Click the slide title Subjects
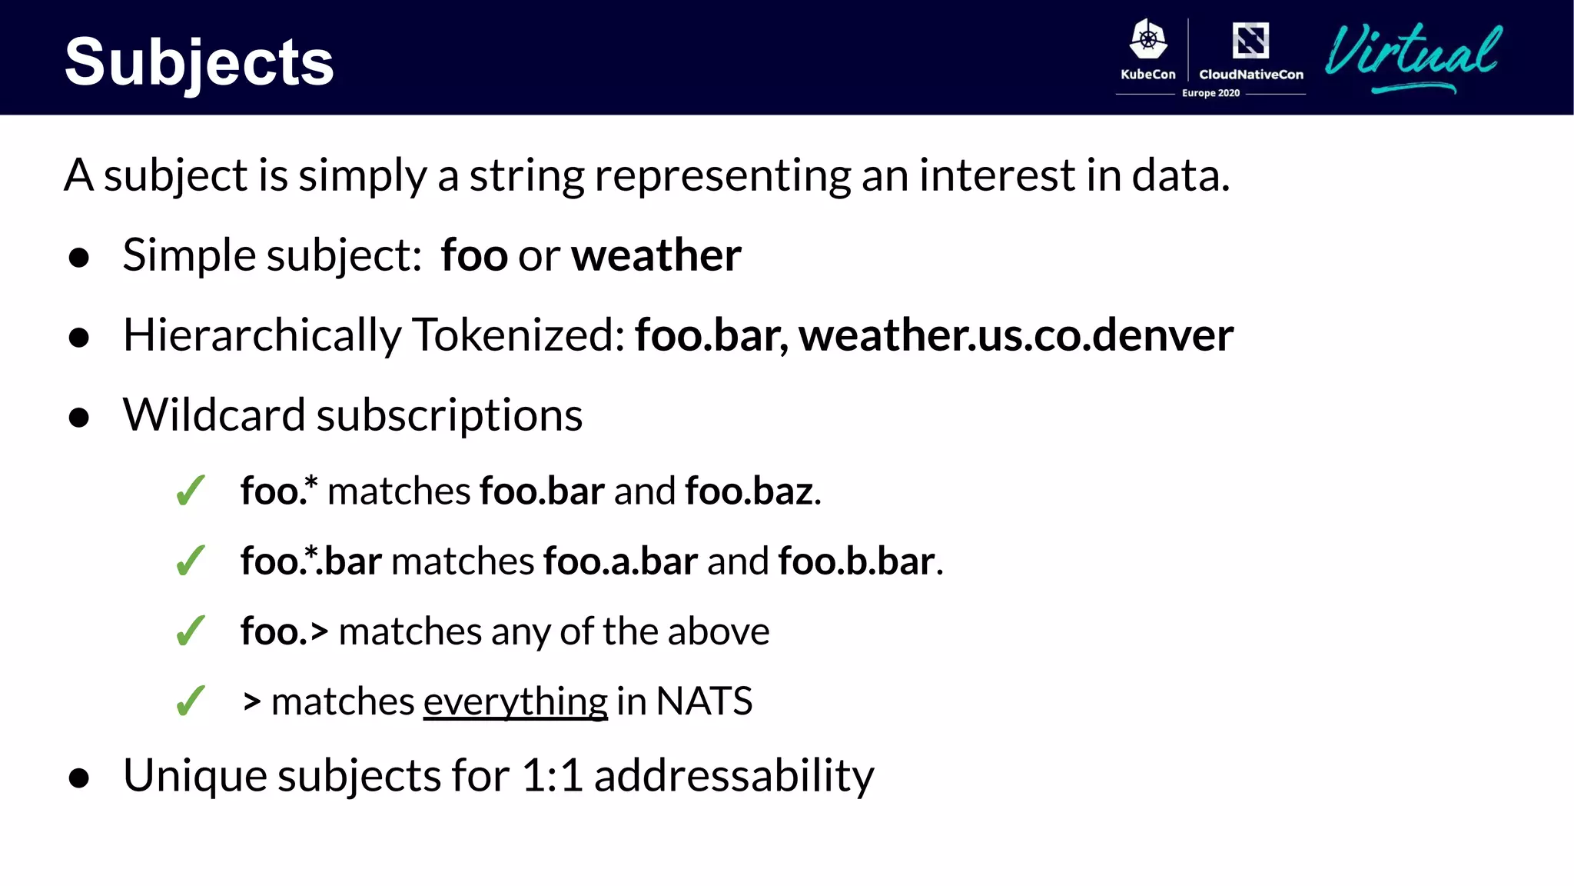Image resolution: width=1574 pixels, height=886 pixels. [x=199, y=62]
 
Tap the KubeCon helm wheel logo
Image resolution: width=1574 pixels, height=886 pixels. [x=1148, y=39]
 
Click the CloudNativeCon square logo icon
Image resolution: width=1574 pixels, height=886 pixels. [x=1250, y=40]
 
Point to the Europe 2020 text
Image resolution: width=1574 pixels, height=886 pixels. [x=1210, y=93]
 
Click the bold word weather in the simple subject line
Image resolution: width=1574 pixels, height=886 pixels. [x=656, y=255]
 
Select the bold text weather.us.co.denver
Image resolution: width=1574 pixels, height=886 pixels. [x=1016, y=335]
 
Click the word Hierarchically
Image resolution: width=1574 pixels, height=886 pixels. [x=262, y=335]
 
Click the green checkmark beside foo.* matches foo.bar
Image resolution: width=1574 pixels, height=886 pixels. [x=191, y=491]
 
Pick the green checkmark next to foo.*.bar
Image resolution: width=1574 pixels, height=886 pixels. [x=191, y=561]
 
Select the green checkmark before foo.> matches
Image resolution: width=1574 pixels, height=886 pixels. [x=191, y=631]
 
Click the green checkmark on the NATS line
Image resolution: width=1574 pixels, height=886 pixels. [x=191, y=701]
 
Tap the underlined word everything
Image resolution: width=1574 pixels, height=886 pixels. [x=515, y=701]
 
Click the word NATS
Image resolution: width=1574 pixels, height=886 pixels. [x=704, y=701]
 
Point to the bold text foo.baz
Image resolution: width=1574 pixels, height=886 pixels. [x=749, y=491]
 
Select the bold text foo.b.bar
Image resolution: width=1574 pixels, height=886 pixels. [x=857, y=561]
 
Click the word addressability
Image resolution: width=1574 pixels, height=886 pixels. [x=734, y=775]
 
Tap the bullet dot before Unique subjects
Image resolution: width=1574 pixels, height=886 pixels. [x=79, y=778]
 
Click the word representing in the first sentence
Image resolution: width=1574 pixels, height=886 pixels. [x=722, y=175]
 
